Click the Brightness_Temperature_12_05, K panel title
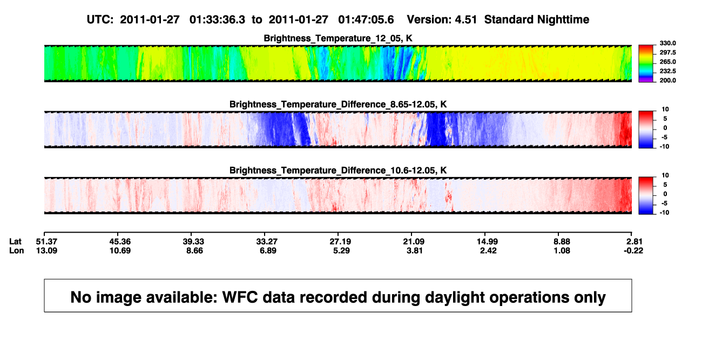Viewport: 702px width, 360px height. pos(338,38)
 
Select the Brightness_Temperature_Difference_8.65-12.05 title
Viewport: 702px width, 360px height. pos(338,104)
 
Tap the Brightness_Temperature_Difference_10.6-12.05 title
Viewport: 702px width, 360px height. pos(338,171)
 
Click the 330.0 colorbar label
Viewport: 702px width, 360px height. pos(667,43)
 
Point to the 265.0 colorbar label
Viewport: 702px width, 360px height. pos(667,62)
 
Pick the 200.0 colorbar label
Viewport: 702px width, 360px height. pos(667,80)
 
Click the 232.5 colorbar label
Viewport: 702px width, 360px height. pos(667,71)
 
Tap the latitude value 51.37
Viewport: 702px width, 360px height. pos(46,242)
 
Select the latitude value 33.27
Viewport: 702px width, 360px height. pos(267,242)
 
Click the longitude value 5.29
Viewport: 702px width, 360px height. pos(341,250)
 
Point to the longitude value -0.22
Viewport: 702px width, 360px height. pos(633,250)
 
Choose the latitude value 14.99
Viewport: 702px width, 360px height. pos(487,242)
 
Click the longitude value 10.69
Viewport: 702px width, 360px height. pos(120,250)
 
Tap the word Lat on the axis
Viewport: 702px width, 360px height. pos(15,242)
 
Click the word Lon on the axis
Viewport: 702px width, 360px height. pos(16,250)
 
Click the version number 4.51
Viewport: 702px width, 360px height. pos(466,19)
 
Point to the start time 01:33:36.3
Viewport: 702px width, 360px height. pos(217,19)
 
